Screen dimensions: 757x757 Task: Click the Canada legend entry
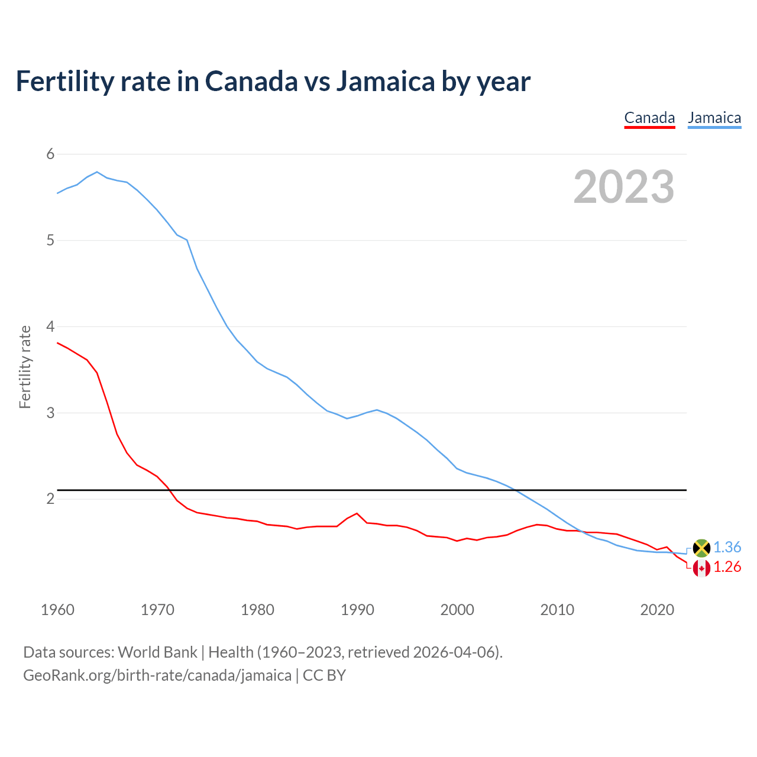pyautogui.click(x=649, y=118)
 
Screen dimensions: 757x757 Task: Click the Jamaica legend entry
pyautogui.click(x=714, y=118)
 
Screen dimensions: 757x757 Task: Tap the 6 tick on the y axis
pyautogui.click(x=50, y=154)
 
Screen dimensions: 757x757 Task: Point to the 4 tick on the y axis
pyautogui.click(x=50, y=326)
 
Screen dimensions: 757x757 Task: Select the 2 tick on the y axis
pyautogui.click(x=50, y=499)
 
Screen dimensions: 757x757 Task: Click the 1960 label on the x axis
pyautogui.click(x=57, y=610)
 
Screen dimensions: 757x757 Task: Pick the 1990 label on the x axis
pyautogui.click(x=357, y=610)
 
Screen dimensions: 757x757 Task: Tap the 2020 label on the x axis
pyautogui.click(x=657, y=610)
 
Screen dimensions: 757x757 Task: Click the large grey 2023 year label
pyautogui.click(x=624, y=187)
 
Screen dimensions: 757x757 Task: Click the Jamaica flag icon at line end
pyautogui.click(x=701, y=548)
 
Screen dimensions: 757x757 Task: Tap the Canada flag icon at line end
pyautogui.click(x=701, y=568)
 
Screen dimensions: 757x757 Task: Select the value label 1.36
pyautogui.click(x=727, y=548)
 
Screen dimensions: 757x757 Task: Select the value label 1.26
pyautogui.click(x=727, y=567)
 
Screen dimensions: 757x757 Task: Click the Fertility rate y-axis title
pyautogui.click(x=25, y=367)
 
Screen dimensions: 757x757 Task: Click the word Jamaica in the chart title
pyautogui.click(x=385, y=81)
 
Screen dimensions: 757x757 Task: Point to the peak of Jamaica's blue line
pyautogui.click(x=97, y=172)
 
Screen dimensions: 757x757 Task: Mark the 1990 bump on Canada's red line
pyautogui.click(x=357, y=513)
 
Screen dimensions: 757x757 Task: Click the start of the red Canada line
pyautogui.click(x=57, y=342)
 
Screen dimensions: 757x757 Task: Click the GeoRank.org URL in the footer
pyautogui.click(x=157, y=675)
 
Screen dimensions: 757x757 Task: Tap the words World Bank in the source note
pyautogui.click(x=157, y=652)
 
